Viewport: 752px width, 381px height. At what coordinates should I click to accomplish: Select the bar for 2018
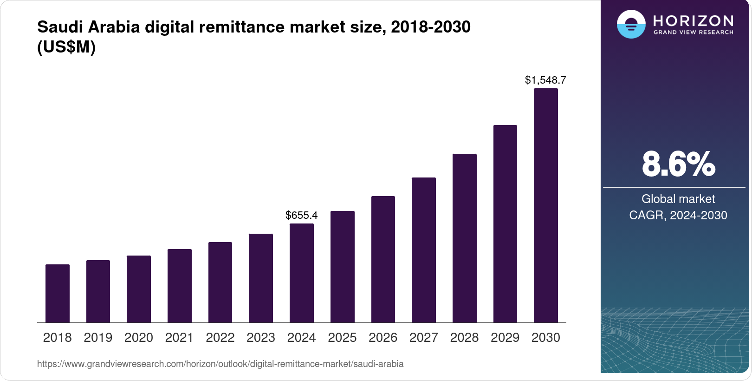(x=58, y=293)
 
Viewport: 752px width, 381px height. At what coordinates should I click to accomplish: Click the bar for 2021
(x=180, y=286)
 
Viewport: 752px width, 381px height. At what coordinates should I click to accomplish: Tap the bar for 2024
(x=302, y=273)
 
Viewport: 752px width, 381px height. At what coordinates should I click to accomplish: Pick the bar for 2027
(x=424, y=250)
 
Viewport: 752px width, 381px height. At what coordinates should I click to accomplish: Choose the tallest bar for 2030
(x=546, y=205)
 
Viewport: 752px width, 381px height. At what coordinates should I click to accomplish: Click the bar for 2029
(x=505, y=223)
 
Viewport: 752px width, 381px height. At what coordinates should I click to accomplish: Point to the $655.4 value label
(x=302, y=215)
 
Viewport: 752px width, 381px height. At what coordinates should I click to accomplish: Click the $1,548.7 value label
(x=545, y=80)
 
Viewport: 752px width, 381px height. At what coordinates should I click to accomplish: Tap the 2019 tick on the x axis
(x=98, y=338)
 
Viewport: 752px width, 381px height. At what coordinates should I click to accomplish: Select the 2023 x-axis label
(x=261, y=338)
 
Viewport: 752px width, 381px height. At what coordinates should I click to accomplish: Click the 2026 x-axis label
(x=383, y=338)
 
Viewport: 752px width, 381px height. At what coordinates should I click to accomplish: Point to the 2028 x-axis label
(x=464, y=338)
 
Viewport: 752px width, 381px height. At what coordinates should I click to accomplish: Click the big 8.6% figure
(x=678, y=164)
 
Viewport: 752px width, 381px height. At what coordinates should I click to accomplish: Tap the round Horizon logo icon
(x=631, y=24)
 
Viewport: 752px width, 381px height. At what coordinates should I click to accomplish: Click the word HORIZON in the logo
(x=693, y=20)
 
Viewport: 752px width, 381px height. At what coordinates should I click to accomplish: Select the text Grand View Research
(x=693, y=33)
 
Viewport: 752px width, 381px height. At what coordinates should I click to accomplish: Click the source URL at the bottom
(x=220, y=364)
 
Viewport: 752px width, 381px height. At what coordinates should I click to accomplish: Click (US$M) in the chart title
(x=66, y=47)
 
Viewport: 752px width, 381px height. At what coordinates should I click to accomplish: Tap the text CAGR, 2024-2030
(x=678, y=215)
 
